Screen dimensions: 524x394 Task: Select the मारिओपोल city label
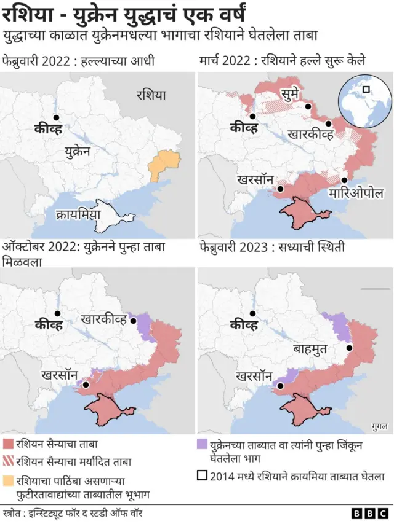356,193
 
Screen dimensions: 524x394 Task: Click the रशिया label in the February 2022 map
151,95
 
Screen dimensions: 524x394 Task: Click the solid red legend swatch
8,444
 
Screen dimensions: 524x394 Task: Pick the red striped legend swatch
8,460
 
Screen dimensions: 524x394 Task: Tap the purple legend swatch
201,444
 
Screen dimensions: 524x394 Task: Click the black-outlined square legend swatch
201,475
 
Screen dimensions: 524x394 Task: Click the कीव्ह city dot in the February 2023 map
252,311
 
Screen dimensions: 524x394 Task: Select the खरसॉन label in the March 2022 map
254,179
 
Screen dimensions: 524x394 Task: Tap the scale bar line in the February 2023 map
375,288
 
